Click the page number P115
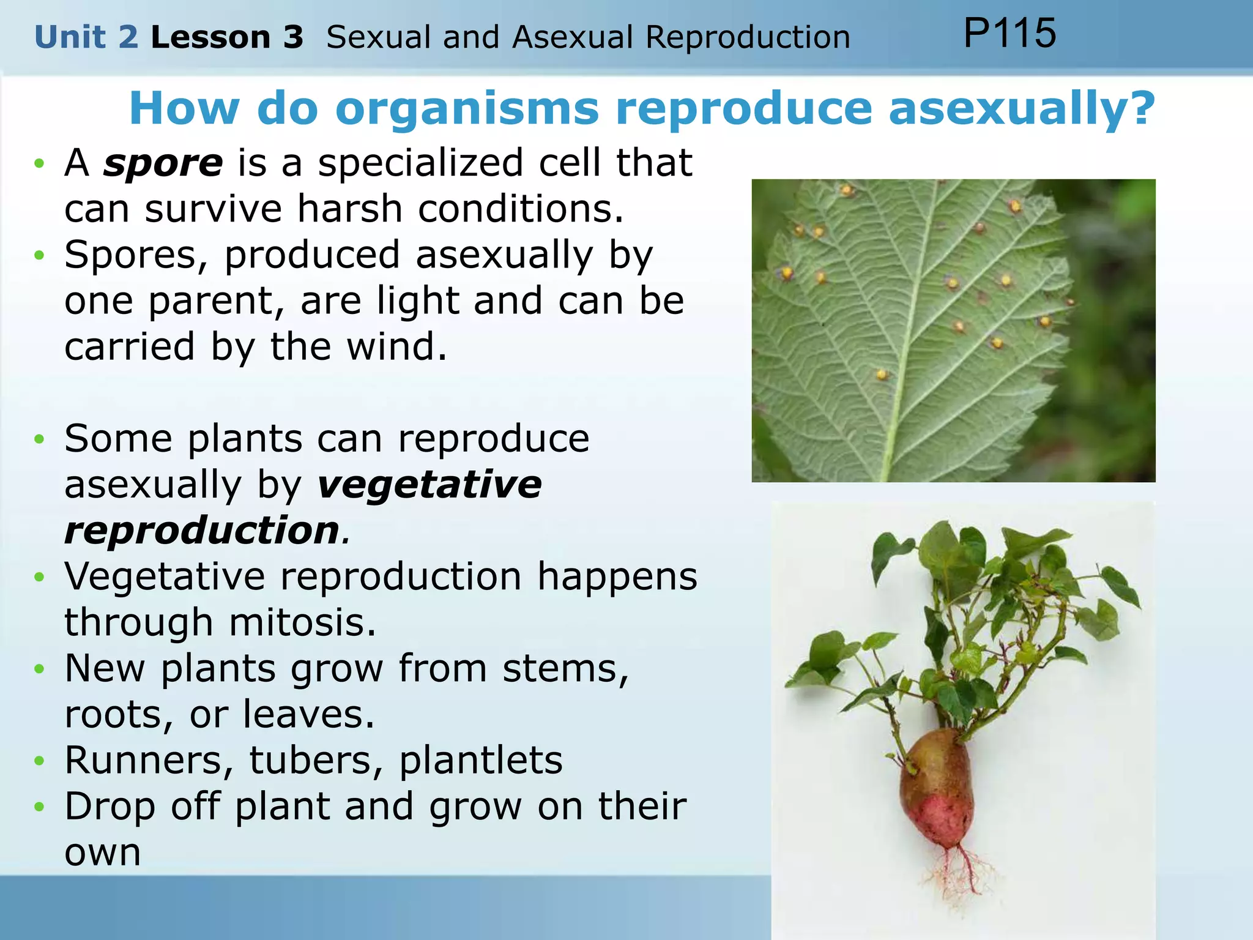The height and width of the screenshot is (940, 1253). tap(1009, 33)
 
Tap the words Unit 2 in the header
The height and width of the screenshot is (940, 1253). tap(86, 37)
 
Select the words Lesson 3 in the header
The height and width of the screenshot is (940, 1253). tap(227, 37)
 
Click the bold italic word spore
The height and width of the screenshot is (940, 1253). tap(163, 163)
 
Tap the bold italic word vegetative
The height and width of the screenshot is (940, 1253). tap(429, 485)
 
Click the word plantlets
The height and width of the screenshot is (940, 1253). tap(481, 761)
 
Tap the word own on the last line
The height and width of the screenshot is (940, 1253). tap(102, 853)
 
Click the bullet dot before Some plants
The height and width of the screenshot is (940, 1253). tap(40, 439)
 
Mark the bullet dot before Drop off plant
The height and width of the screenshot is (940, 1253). tap(40, 807)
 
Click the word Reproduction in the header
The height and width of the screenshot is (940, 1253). tap(748, 37)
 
